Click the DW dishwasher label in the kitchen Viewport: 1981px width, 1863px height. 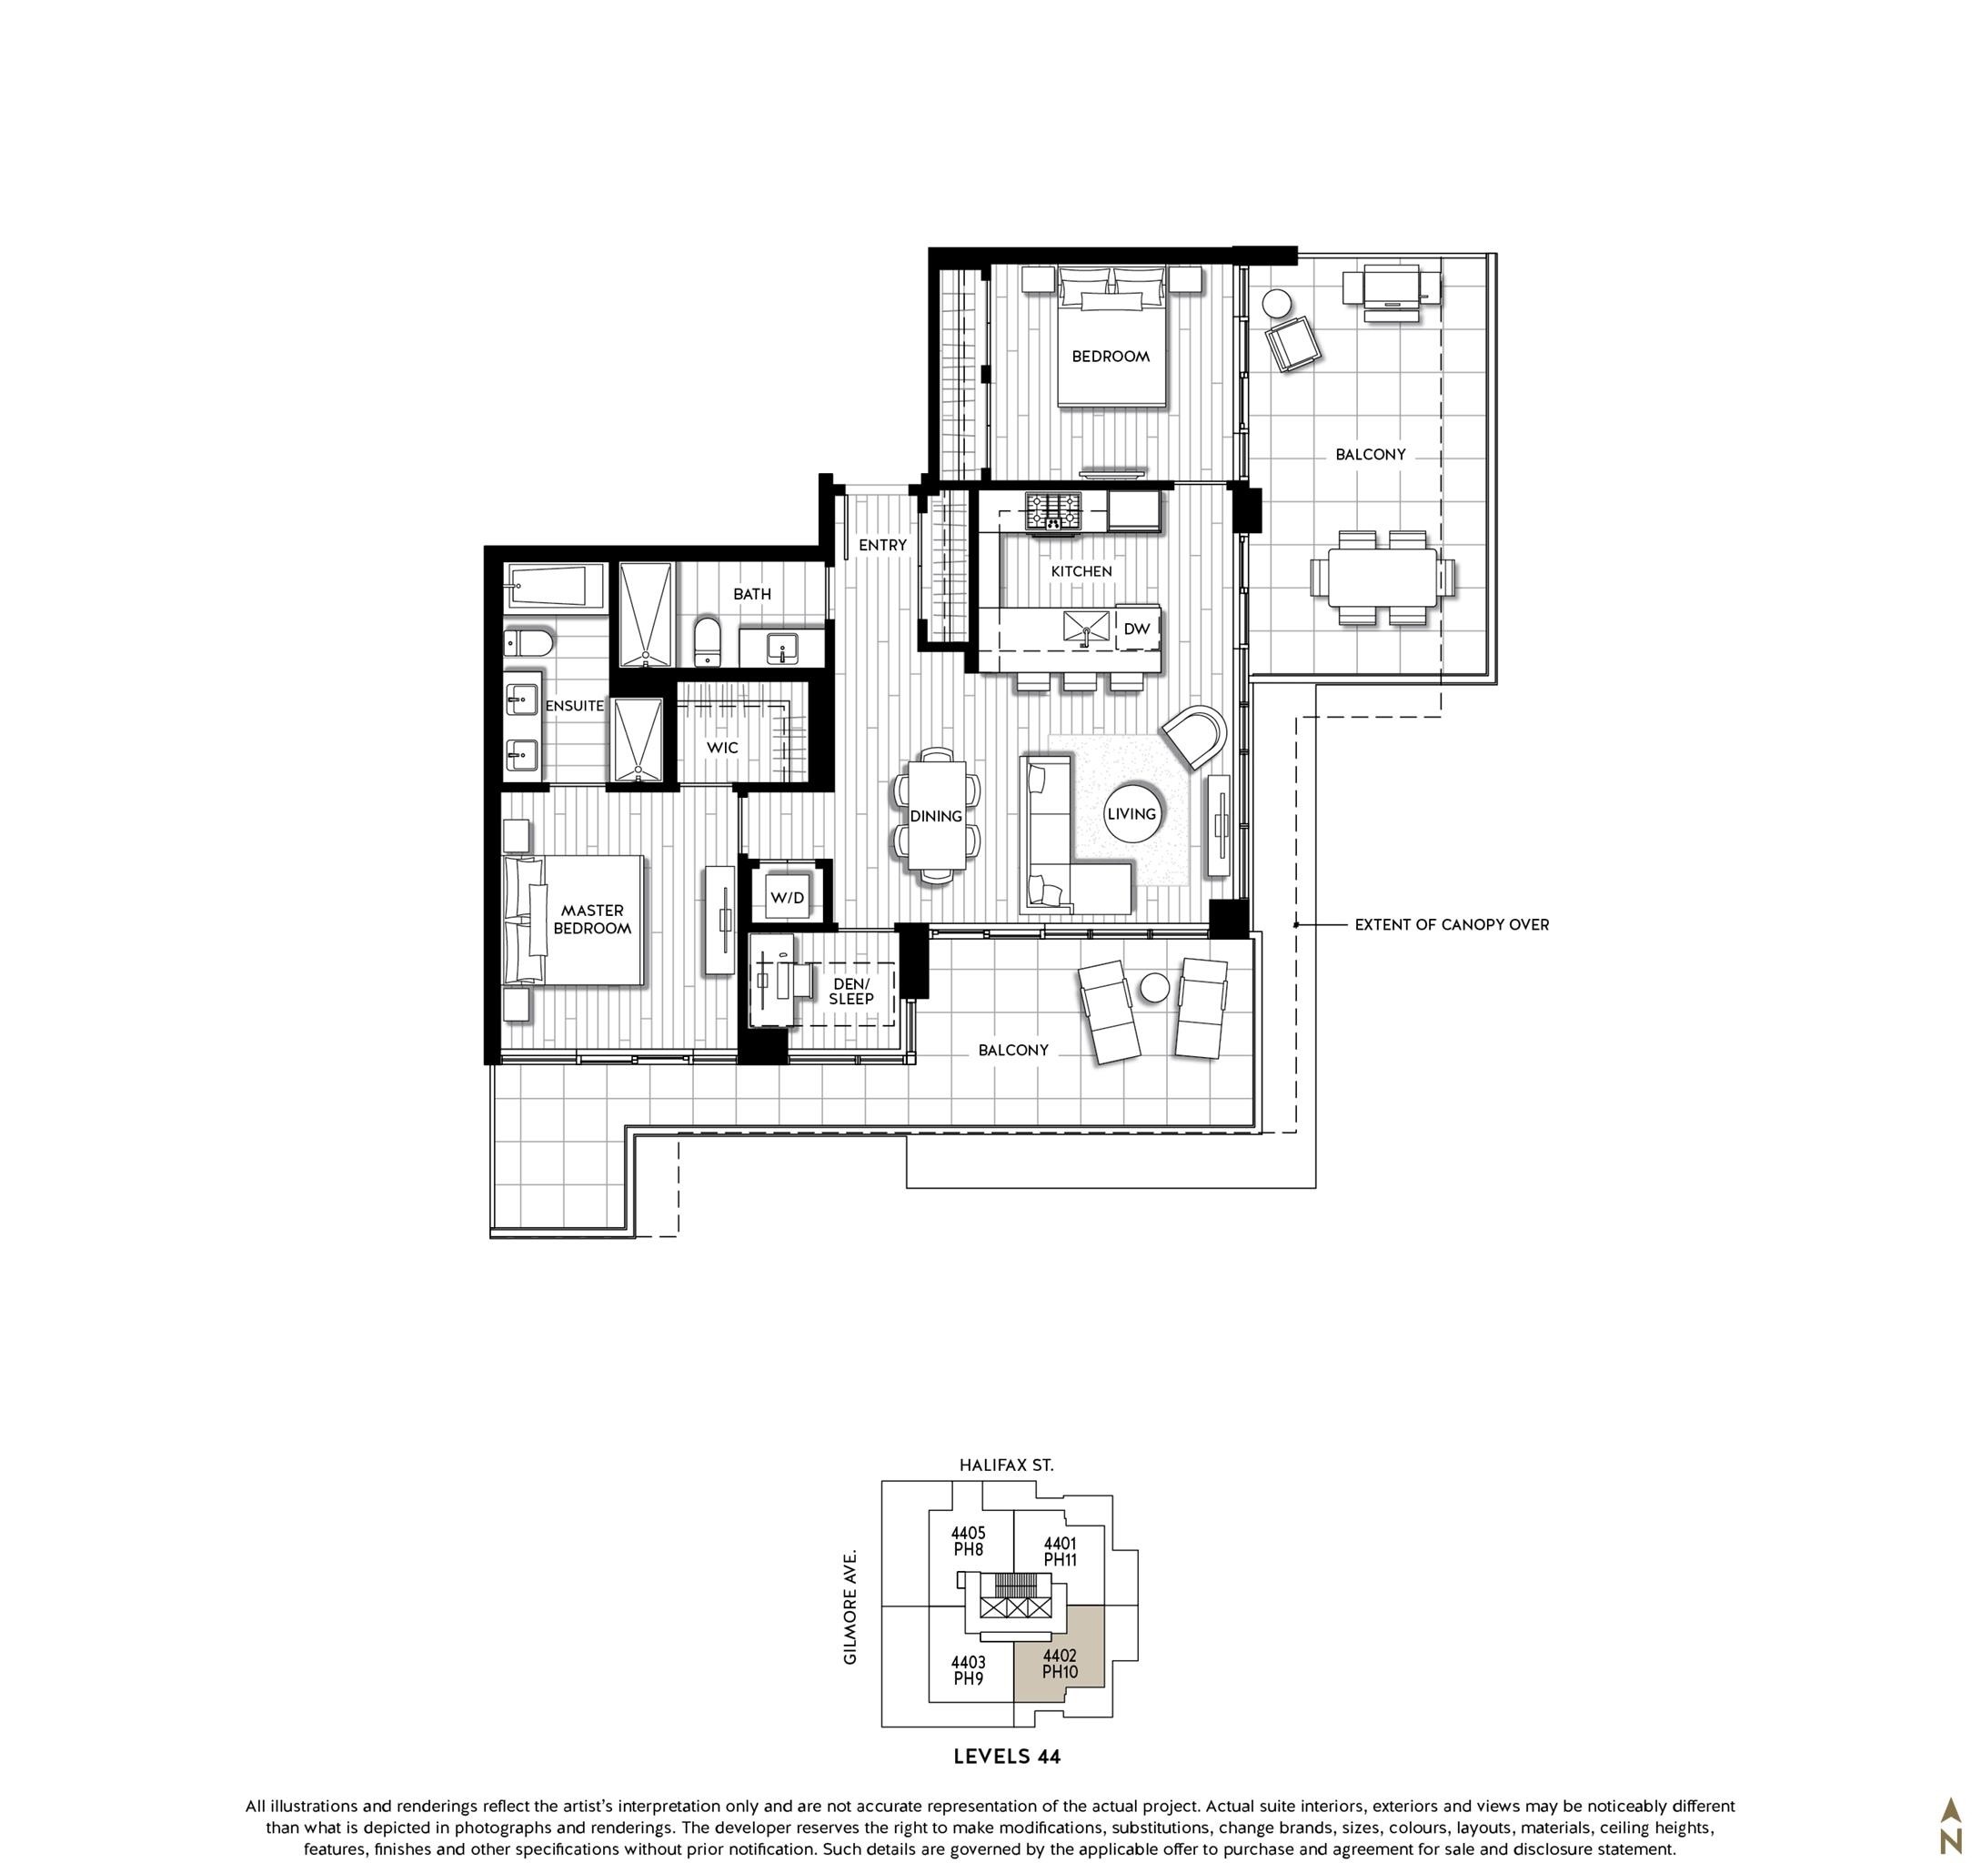coord(1136,629)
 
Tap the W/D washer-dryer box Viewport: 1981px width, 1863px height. coord(788,898)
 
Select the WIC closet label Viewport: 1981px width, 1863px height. coord(722,748)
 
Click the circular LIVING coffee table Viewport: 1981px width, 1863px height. coord(1132,814)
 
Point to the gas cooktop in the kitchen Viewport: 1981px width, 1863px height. coord(1053,511)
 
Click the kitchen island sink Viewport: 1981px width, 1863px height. coord(1085,627)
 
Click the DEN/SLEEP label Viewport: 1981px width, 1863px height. coord(851,992)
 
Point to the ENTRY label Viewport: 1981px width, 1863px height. coord(883,545)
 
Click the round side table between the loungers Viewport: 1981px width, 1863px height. coord(1155,988)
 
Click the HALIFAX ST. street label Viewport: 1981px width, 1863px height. coord(1007,1465)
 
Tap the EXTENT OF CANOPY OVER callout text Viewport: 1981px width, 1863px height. coord(1451,925)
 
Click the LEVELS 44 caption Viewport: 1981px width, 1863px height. coord(1007,1757)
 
